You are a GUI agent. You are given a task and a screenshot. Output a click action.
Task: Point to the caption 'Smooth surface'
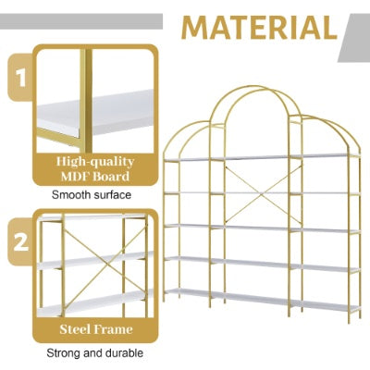click(x=91, y=195)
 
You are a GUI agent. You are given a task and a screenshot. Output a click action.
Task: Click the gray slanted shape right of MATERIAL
click(x=354, y=35)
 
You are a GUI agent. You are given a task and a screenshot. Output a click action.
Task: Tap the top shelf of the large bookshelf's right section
click(x=324, y=157)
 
